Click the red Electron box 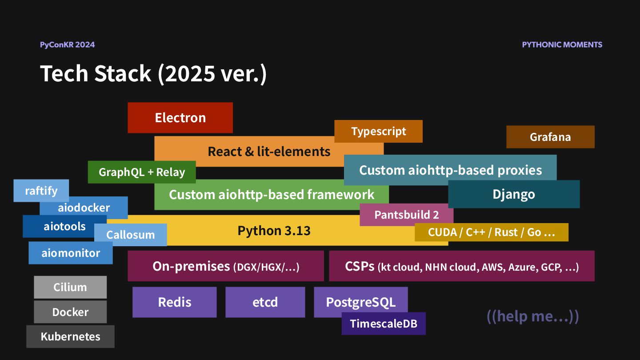pyautogui.click(x=180, y=118)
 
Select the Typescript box pyautogui.click(x=378, y=131)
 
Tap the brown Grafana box pyautogui.click(x=550, y=137)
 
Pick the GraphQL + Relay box pyautogui.click(x=141, y=172)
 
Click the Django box pyautogui.click(x=514, y=194)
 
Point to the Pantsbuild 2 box pyautogui.click(x=406, y=215)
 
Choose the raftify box pyautogui.click(x=41, y=190)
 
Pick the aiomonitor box pyautogui.click(x=71, y=253)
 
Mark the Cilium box pyautogui.click(x=70, y=287)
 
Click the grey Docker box pyautogui.click(x=70, y=312)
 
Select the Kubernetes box pyautogui.click(x=70, y=336)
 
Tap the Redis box pyautogui.click(x=174, y=302)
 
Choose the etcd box pyautogui.click(x=265, y=302)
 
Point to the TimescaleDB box pyautogui.click(x=384, y=324)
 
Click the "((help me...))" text pyautogui.click(x=532, y=316)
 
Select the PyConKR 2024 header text pyautogui.click(x=67, y=44)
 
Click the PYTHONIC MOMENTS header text pyautogui.click(x=562, y=44)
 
